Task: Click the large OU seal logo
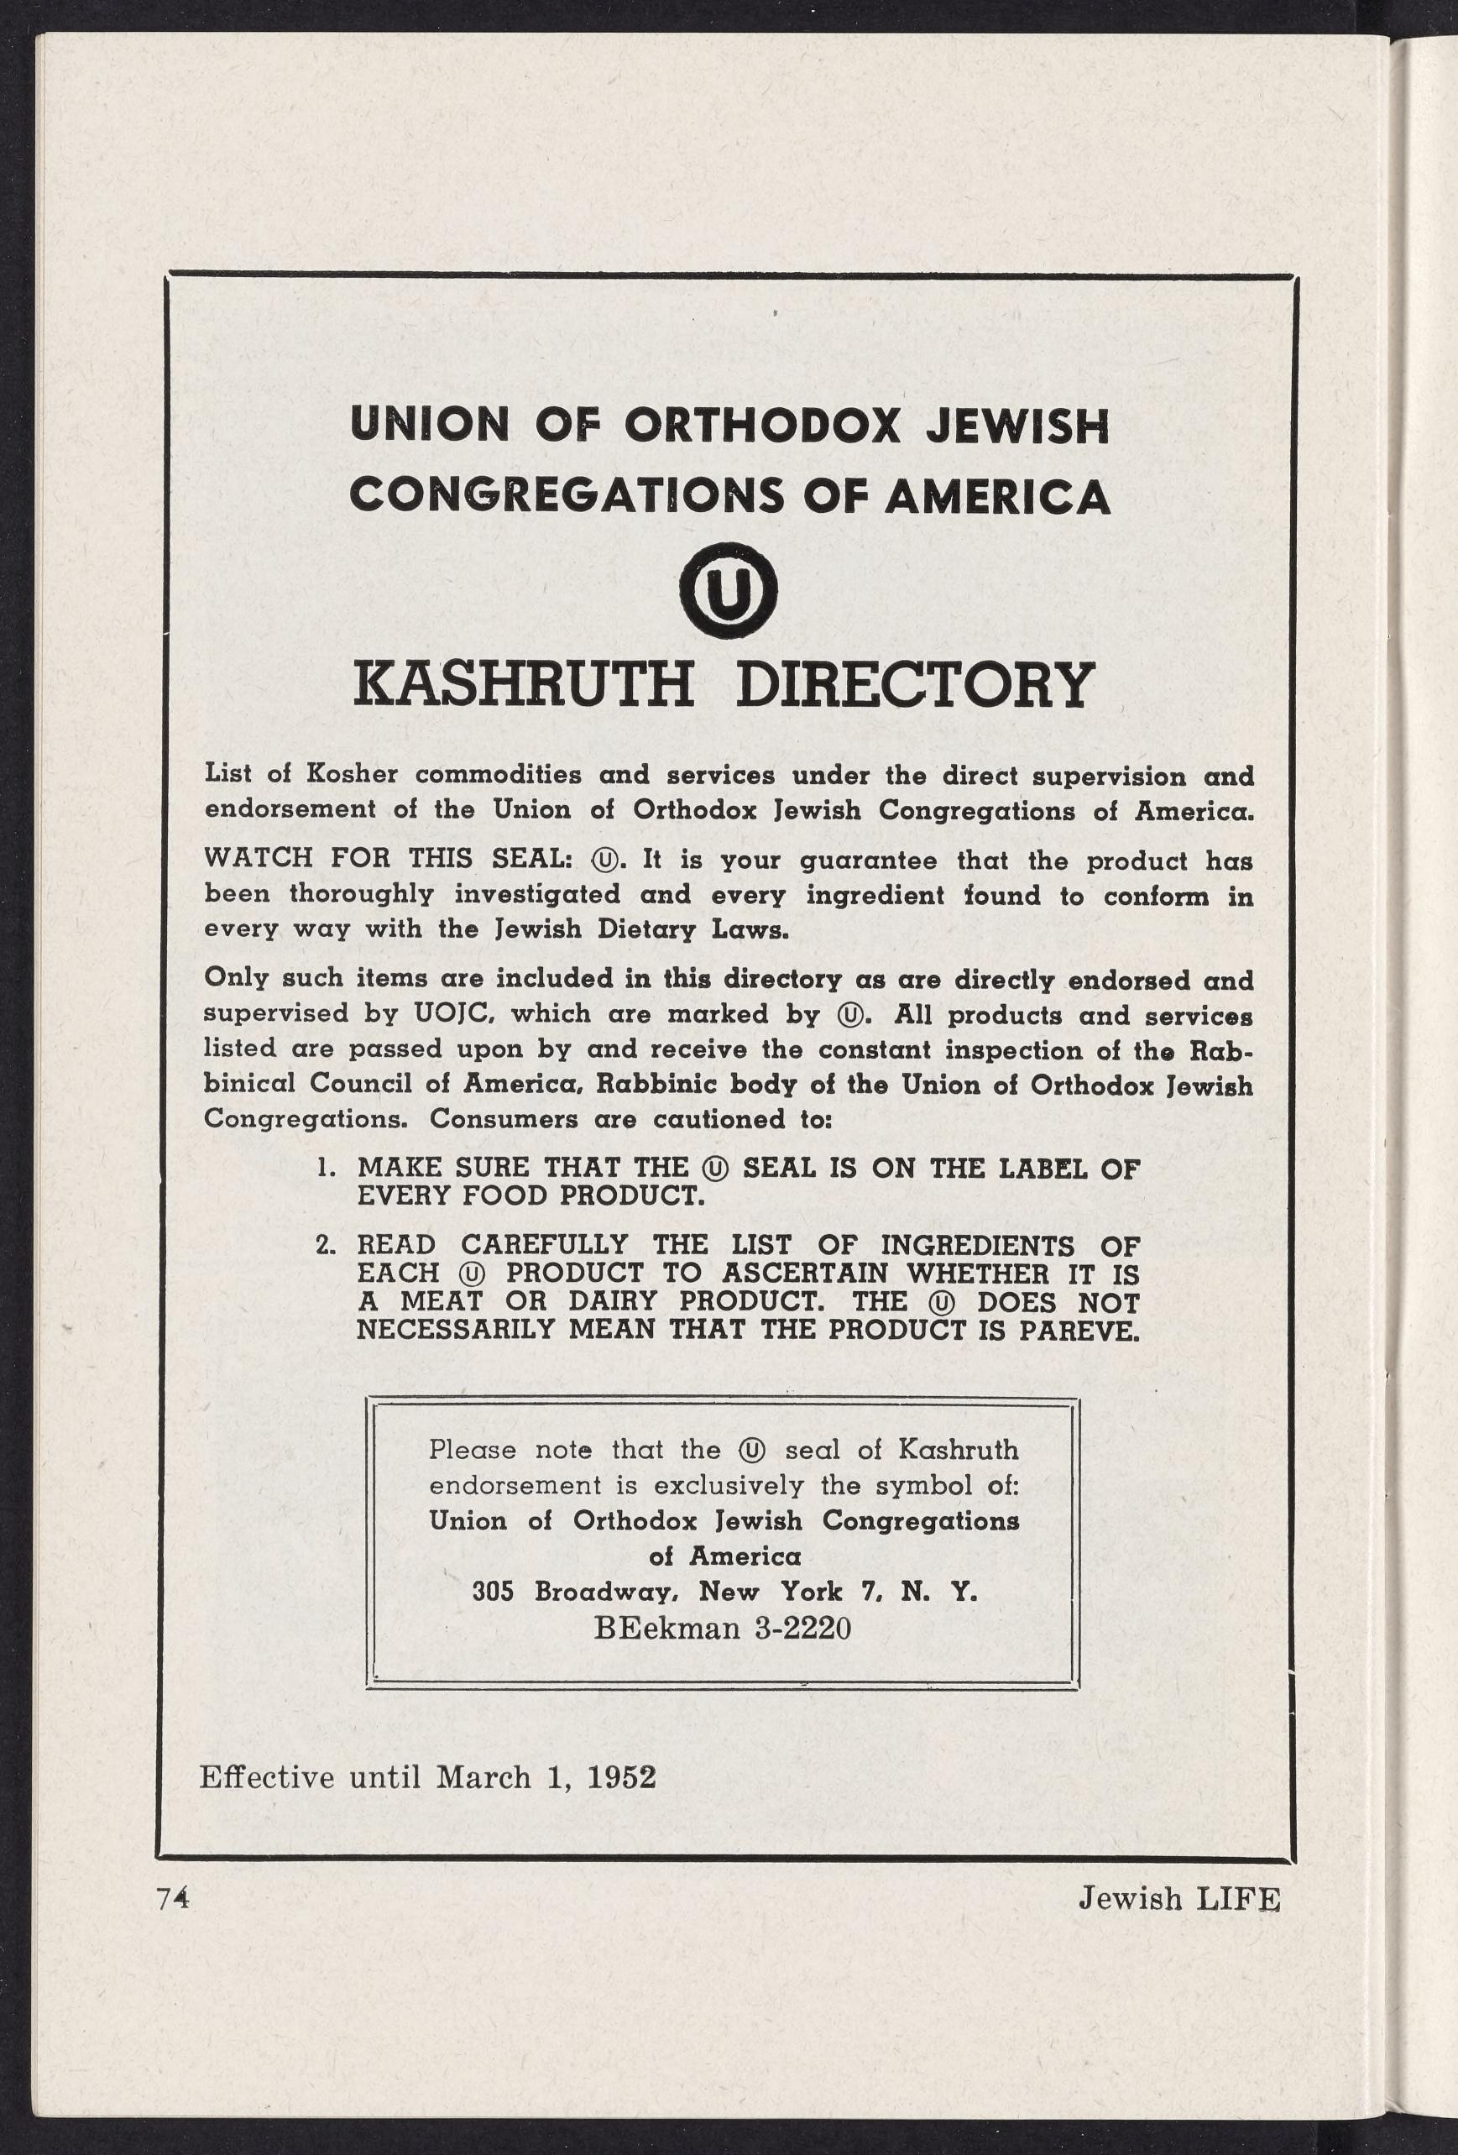(728, 583)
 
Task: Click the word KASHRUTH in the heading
(524, 684)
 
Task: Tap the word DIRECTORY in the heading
(914, 684)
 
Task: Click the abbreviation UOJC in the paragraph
(453, 1013)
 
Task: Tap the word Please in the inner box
(473, 1448)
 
